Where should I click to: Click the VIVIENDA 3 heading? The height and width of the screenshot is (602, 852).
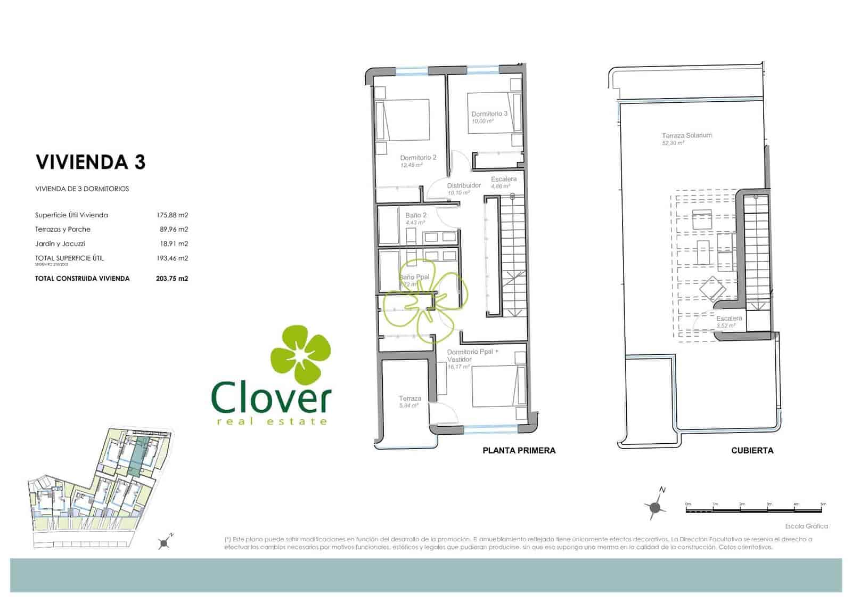click(90, 162)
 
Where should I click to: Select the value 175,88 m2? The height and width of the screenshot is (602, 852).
click(172, 215)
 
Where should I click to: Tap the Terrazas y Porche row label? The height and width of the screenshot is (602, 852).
click(63, 230)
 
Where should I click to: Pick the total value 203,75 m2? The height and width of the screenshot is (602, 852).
click(172, 278)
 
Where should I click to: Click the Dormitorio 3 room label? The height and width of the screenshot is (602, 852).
click(489, 114)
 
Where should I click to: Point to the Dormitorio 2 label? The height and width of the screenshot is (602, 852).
click(418, 158)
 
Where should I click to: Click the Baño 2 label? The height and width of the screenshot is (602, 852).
click(416, 215)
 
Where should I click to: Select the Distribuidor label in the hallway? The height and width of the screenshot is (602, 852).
click(464, 185)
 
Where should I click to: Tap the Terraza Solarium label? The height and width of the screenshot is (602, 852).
click(686, 135)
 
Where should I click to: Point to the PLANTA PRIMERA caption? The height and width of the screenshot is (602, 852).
click(519, 451)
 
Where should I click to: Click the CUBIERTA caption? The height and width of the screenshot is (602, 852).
click(752, 451)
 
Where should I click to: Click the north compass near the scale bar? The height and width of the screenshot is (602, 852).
click(656, 506)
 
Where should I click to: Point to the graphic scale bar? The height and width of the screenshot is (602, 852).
click(755, 509)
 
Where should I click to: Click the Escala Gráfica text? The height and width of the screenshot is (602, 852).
click(806, 526)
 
